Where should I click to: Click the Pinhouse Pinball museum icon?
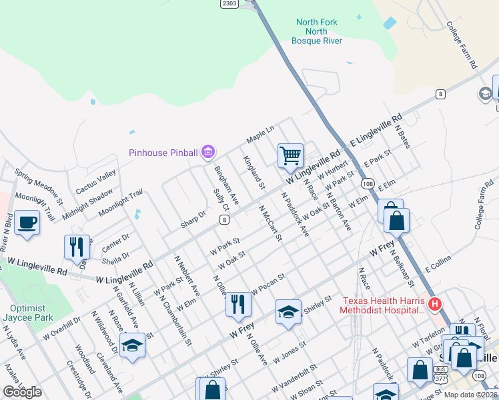(208, 153)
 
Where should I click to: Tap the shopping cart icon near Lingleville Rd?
(291, 156)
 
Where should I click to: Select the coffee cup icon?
(27, 222)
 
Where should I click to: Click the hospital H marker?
(435, 305)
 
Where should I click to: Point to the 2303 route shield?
(229, 3)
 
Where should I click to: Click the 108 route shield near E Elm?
(367, 183)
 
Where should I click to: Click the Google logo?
(22, 392)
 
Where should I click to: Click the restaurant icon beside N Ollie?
(238, 303)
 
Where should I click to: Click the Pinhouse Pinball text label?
(163, 153)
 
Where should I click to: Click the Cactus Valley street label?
(95, 182)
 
